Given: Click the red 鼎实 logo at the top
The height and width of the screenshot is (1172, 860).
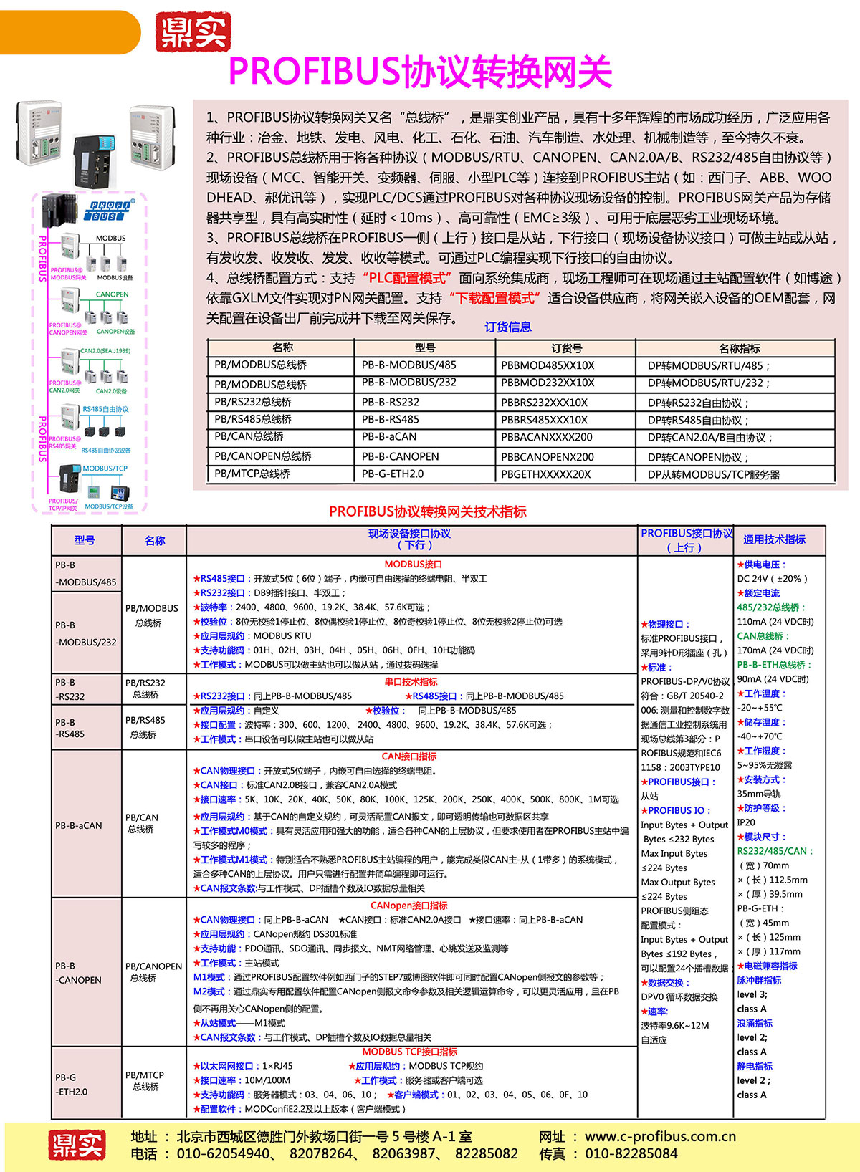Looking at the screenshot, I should coord(193,32).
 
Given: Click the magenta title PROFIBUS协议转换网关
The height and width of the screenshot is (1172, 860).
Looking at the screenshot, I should coord(420,72).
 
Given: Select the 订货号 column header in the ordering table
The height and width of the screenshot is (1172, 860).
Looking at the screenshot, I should coord(566,348).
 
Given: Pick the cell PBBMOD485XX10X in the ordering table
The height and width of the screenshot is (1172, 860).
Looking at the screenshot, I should coord(548,365).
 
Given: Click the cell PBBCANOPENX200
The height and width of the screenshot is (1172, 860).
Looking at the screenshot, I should coord(548,456).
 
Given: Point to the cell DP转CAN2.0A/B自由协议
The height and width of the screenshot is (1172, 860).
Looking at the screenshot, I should coord(709,438).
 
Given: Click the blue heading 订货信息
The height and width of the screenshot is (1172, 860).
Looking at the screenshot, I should coord(508,327).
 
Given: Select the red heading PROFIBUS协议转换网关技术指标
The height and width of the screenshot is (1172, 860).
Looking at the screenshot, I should coord(428,511).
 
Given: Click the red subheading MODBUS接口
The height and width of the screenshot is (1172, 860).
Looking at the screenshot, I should coord(413,565).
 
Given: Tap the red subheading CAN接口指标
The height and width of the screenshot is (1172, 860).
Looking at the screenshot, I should coord(408,756).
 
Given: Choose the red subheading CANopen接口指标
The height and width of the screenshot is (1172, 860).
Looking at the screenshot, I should coord(408,906).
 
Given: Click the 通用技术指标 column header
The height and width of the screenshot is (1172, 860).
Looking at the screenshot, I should coord(774,539).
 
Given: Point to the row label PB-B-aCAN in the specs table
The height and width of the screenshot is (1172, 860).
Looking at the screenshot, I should coord(79,825).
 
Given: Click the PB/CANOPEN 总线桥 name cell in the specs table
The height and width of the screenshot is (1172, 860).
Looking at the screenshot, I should coord(153,972).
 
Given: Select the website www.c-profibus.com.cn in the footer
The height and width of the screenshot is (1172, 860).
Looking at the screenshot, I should coord(660,1137).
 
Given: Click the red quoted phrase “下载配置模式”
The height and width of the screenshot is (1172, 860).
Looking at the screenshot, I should coord(494,298).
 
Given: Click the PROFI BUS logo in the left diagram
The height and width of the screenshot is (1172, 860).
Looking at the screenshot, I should coord(110,211).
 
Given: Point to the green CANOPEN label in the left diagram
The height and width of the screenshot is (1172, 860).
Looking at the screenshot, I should coord(113,294).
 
